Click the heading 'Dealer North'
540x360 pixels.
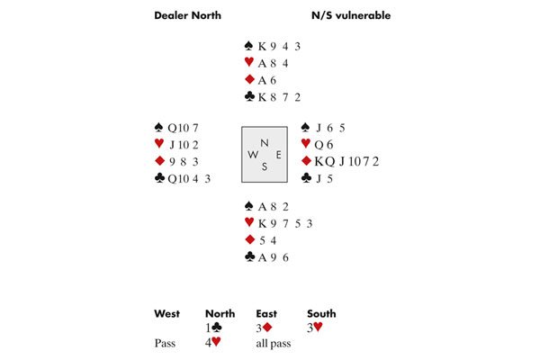tap(187, 16)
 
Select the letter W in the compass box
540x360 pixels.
tap(251, 153)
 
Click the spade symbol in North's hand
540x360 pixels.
tap(248, 44)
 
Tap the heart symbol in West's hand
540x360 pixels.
tap(160, 144)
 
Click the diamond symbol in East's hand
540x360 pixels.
tap(307, 161)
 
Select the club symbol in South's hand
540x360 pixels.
tap(248, 257)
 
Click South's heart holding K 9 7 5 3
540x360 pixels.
tap(277, 222)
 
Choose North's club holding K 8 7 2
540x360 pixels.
tap(273, 95)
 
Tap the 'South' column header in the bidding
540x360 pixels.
tap(321, 313)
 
